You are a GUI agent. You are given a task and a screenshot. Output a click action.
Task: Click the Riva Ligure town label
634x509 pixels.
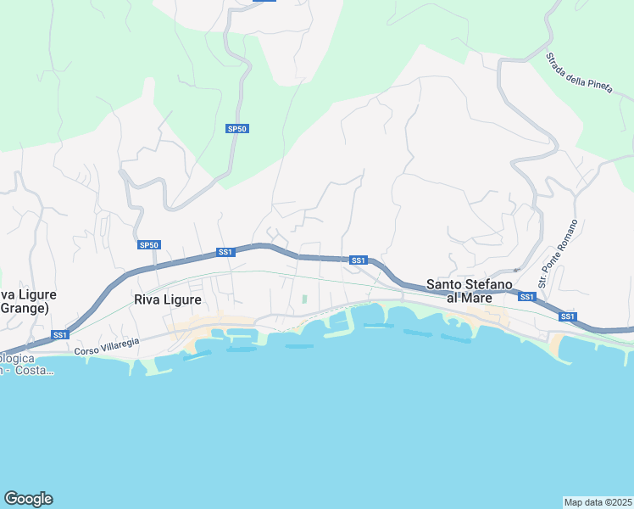point(168,299)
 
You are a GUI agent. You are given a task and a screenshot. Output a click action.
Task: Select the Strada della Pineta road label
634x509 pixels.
point(574,77)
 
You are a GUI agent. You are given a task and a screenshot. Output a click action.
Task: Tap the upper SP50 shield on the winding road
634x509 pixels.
point(237,129)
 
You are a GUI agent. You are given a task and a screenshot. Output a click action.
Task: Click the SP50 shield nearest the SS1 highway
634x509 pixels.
point(148,245)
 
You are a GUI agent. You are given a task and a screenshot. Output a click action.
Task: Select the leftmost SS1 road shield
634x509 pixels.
point(59,334)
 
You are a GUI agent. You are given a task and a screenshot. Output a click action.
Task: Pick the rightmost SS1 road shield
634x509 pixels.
point(568,316)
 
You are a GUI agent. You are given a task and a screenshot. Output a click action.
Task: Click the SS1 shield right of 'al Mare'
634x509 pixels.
point(527,296)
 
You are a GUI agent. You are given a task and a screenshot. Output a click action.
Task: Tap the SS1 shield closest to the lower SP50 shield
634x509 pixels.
point(225,252)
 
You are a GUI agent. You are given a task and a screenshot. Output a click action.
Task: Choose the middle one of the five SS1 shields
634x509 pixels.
point(358,260)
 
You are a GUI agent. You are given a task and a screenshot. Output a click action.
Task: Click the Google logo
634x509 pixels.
point(28,499)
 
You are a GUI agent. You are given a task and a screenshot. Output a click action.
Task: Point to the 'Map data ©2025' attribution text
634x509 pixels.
point(598,502)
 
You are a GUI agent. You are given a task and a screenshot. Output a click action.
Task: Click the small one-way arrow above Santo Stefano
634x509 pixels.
point(516,270)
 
